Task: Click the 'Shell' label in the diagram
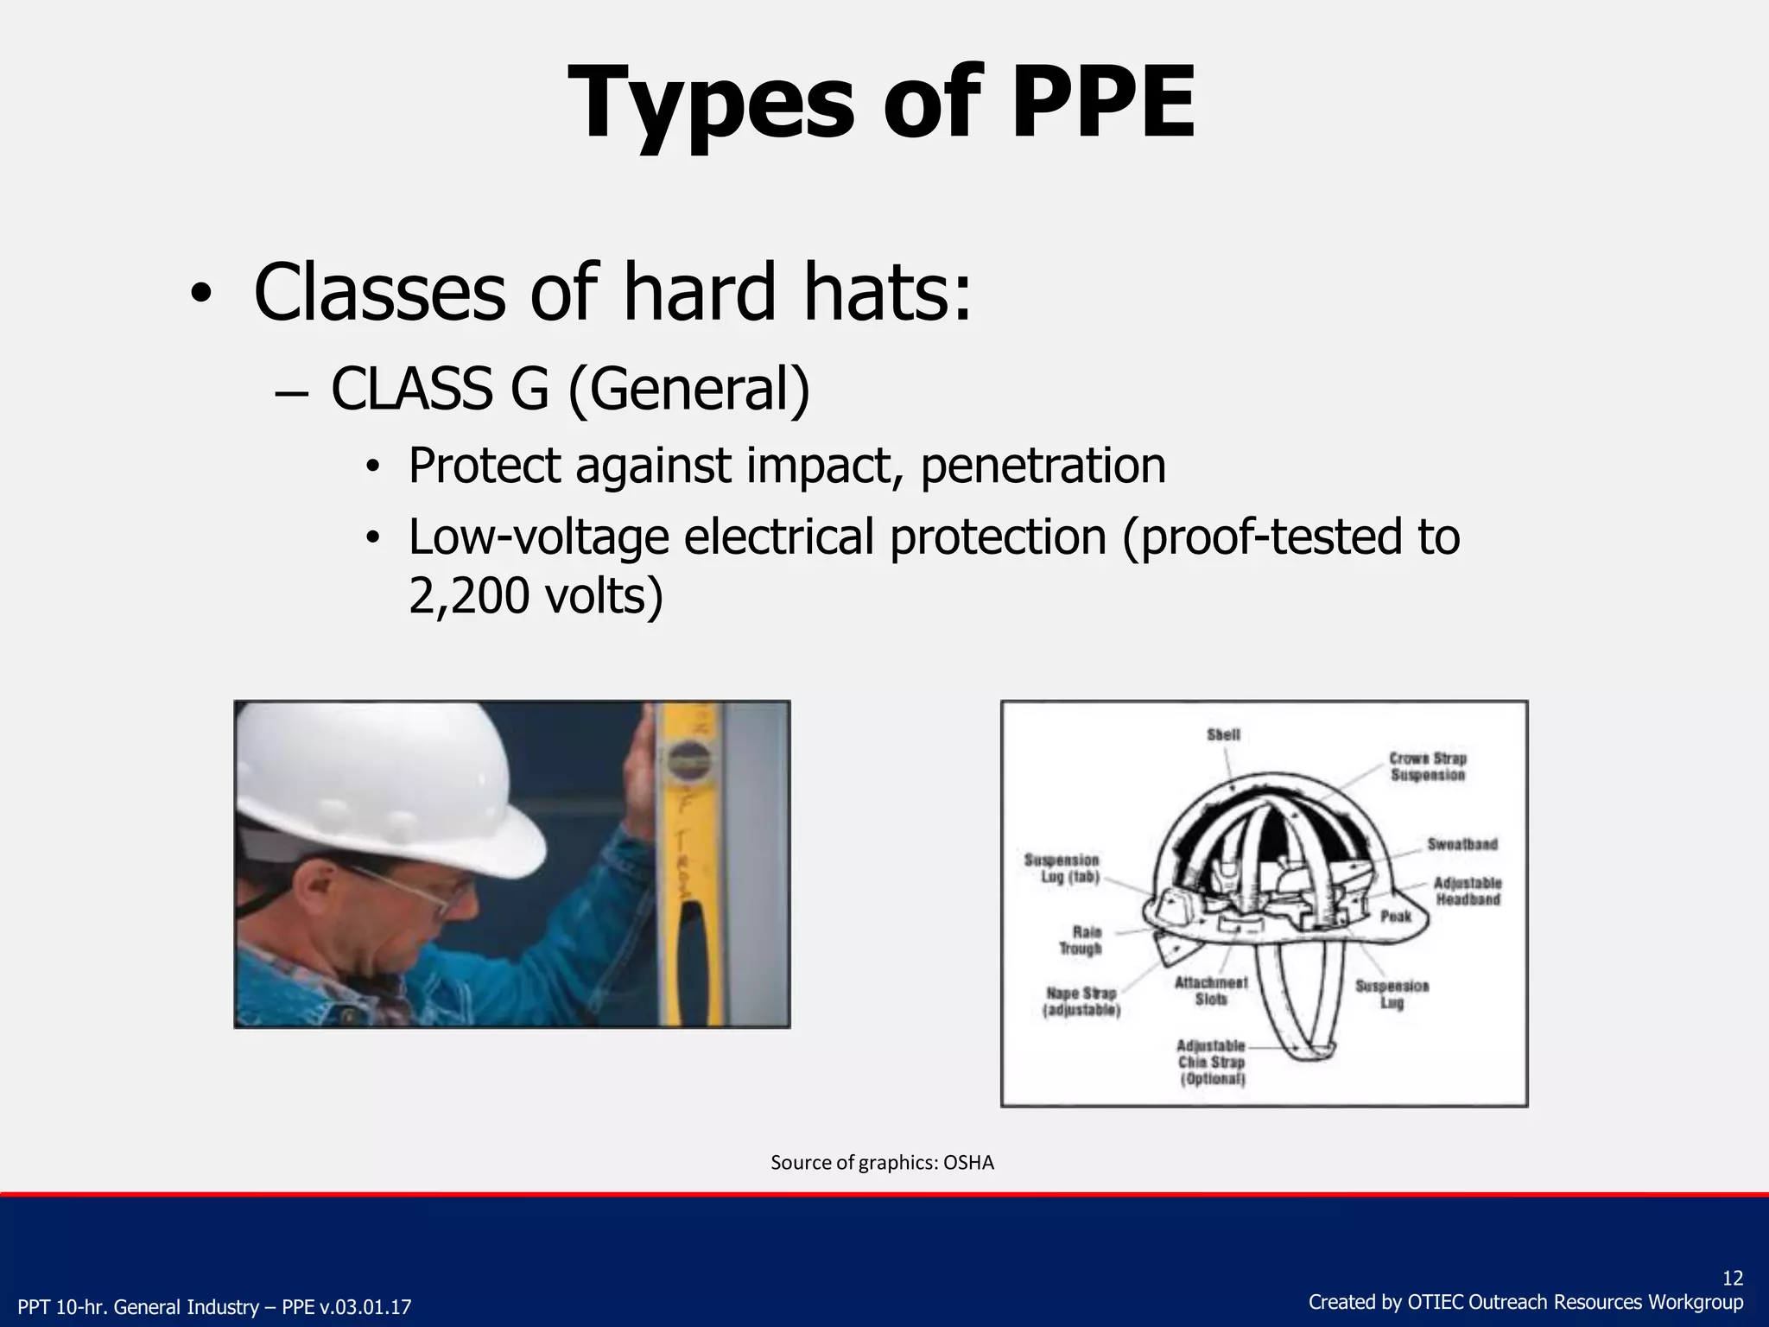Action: pos(1223,734)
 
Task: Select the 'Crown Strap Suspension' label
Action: pos(1427,766)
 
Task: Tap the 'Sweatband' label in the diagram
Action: pos(1461,844)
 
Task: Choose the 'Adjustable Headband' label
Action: pos(1468,891)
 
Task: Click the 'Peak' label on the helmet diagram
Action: pos(1396,916)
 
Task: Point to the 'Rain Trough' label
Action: pos(1081,940)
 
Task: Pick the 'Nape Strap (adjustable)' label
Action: pos(1081,1002)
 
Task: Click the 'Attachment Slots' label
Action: pos(1211,991)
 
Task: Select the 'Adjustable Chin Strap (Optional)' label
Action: pos(1212,1063)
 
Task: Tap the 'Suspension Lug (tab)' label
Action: pos(1062,868)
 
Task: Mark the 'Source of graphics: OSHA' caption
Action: pos(882,1163)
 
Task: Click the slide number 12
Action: pos(1732,1279)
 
